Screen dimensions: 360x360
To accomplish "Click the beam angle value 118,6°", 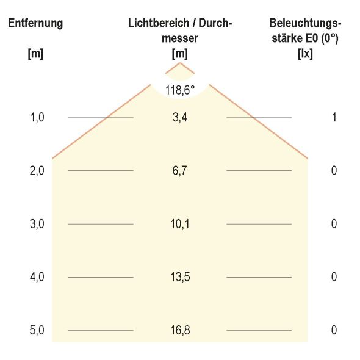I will tap(180, 90).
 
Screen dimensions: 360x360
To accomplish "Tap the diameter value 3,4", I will tap(180, 117).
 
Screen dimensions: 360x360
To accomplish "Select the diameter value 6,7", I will tap(180, 171).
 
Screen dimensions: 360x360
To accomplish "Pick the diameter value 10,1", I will tap(180, 224).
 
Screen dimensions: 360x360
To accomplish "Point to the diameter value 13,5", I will tap(180, 277).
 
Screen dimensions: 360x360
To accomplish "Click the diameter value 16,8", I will tap(180, 331).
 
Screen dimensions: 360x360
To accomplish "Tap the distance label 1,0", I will tap(37, 117).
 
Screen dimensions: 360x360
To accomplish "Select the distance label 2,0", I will tap(37, 171).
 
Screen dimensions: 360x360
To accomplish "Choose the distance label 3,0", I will tap(37, 224).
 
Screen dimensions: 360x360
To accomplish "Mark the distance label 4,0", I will tap(37, 277).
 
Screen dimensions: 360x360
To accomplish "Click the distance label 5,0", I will tap(37, 331).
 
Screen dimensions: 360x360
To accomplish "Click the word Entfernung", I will tap(35, 24).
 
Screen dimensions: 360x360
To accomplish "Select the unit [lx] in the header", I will tap(304, 53).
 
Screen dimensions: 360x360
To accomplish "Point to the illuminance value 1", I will tap(334, 117).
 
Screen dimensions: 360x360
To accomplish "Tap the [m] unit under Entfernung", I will tap(35, 53).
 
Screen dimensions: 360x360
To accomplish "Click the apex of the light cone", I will tap(180, 63).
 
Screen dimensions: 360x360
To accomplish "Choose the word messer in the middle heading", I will tap(180, 38).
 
